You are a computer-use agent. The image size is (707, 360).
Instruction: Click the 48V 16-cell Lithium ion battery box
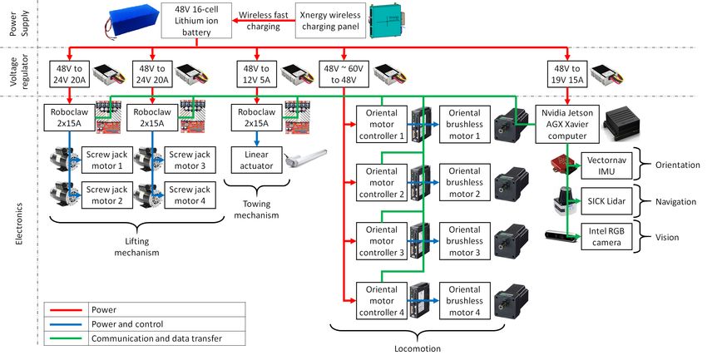click(x=196, y=20)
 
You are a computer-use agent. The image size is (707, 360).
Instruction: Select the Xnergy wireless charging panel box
click(x=330, y=20)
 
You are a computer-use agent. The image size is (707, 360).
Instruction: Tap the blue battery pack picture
click(x=132, y=20)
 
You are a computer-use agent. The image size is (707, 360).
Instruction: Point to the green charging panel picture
click(x=388, y=21)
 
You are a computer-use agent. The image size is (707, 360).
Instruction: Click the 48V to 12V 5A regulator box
click(x=256, y=74)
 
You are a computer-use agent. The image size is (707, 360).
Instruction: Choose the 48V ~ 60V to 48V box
click(x=344, y=74)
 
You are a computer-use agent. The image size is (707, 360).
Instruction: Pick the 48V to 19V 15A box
click(x=567, y=74)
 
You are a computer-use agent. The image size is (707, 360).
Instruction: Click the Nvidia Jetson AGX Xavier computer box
click(x=567, y=124)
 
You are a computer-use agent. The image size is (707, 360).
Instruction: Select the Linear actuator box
click(x=256, y=160)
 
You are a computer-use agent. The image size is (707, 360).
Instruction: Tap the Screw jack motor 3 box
click(x=190, y=160)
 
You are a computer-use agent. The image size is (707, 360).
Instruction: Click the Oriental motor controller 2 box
click(x=382, y=182)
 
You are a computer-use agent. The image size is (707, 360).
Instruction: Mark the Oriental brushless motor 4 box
click(x=464, y=301)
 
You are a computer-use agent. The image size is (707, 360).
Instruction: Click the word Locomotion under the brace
click(x=418, y=348)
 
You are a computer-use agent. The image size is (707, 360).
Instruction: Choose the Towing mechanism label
click(x=256, y=210)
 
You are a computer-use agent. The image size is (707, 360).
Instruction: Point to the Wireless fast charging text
click(x=264, y=20)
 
